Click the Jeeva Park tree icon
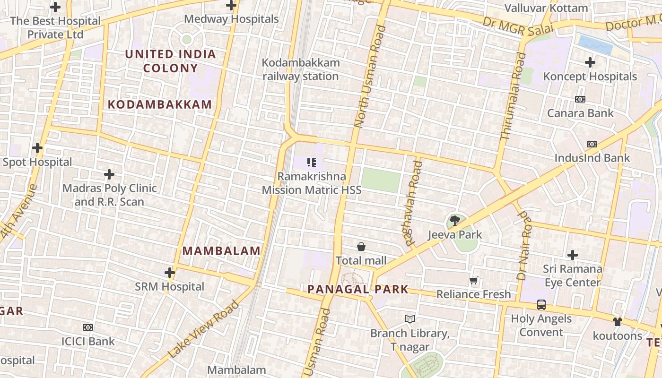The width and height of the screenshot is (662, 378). [454, 220]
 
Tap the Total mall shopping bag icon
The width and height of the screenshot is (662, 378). [361, 246]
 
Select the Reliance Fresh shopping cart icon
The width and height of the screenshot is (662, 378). [473, 280]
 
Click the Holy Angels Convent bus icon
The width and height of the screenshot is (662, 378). [541, 305]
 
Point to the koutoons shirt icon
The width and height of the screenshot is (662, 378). [618, 322]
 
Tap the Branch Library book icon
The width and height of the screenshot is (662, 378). [410, 319]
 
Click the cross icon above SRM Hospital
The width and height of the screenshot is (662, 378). [170, 273]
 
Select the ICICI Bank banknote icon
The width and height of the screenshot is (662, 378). [88, 327]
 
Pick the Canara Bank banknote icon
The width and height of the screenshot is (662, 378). [580, 99]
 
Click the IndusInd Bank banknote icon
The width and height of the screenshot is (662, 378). [592, 144]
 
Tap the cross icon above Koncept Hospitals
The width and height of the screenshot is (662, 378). [590, 62]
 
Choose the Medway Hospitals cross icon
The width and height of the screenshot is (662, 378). [231, 6]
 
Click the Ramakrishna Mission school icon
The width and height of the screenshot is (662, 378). [311, 163]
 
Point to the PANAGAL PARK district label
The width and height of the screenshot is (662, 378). [358, 289]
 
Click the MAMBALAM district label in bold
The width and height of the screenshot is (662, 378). [221, 251]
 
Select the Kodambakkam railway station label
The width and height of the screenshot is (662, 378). [301, 69]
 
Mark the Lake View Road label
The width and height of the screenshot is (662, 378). [204, 329]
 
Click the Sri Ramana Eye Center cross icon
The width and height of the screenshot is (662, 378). [573, 255]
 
